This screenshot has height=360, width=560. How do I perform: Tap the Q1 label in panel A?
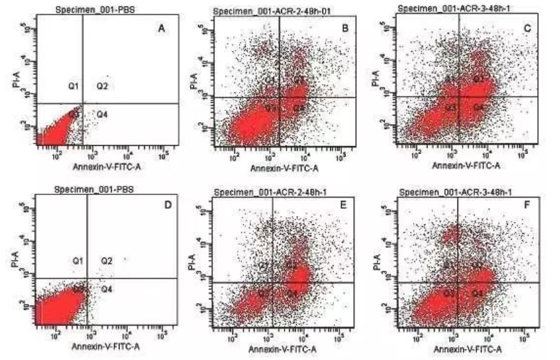[x=74, y=85]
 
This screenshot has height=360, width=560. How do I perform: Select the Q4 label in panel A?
[x=102, y=114]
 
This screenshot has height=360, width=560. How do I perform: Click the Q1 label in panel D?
[x=78, y=261]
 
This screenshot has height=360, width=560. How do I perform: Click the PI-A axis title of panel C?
[x=377, y=81]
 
